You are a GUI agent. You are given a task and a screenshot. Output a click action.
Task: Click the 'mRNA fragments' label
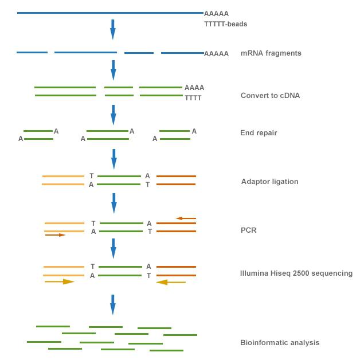[271, 53]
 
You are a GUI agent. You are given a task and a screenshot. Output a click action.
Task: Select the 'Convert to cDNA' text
[270, 96]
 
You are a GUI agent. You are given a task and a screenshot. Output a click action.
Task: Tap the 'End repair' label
[259, 133]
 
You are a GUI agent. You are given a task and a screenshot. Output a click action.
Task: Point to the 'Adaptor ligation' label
[269, 182]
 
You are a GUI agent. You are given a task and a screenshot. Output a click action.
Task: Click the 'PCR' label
[248, 230]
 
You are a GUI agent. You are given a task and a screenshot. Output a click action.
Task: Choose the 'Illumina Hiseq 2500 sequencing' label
[296, 273]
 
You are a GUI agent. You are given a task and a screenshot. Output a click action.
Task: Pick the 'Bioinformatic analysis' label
[280, 343]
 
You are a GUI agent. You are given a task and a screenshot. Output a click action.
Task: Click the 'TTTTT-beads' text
[225, 24]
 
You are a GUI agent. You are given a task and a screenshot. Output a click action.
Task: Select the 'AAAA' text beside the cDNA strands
[194, 88]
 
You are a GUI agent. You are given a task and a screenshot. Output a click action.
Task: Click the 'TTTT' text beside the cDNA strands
[193, 98]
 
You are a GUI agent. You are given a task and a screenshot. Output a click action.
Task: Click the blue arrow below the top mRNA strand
[113, 29]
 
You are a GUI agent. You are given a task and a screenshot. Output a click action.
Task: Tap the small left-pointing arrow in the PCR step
[186, 218]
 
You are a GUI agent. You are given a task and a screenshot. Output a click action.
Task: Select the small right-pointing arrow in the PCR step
[55, 235]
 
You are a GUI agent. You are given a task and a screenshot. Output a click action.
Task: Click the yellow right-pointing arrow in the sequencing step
[60, 281]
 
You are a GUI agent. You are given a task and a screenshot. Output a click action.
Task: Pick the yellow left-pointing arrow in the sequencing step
[171, 282]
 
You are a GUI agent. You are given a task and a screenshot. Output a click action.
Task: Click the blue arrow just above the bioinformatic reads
[113, 304]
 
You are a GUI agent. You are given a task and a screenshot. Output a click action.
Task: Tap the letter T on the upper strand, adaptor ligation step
[92, 176]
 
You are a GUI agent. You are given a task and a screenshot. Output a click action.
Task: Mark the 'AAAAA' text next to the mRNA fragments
[216, 54]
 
